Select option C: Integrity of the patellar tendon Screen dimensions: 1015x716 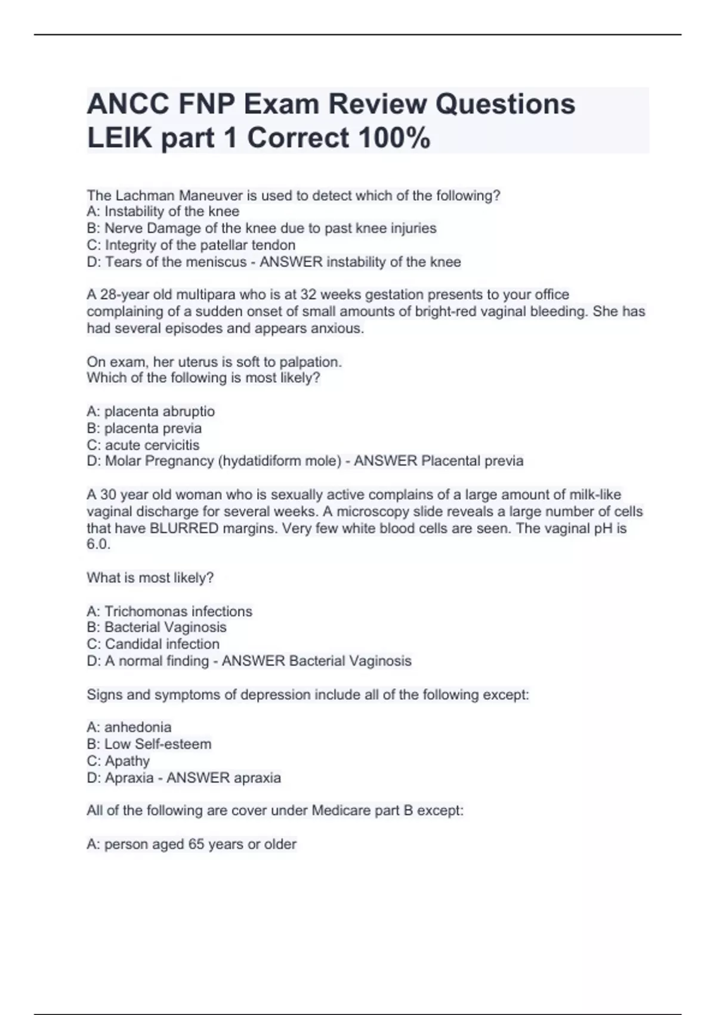(x=191, y=245)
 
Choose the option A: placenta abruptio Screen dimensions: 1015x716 (x=151, y=411)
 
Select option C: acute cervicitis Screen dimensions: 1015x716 (x=143, y=445)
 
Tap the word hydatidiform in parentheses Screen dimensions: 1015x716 (x=261, y=461)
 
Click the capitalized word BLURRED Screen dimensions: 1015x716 (x=184, y=528)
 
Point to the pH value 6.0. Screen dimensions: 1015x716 (x=98, y=544)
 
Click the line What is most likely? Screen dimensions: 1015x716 (x=150, y=577)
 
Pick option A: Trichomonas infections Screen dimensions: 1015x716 (x=169, y=611)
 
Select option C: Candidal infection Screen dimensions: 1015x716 (x=153, y=644)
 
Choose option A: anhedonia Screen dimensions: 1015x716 (x=129, y=727)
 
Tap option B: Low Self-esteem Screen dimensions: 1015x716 (x=149, y=744)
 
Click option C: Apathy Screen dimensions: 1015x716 (x=118, y=761)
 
